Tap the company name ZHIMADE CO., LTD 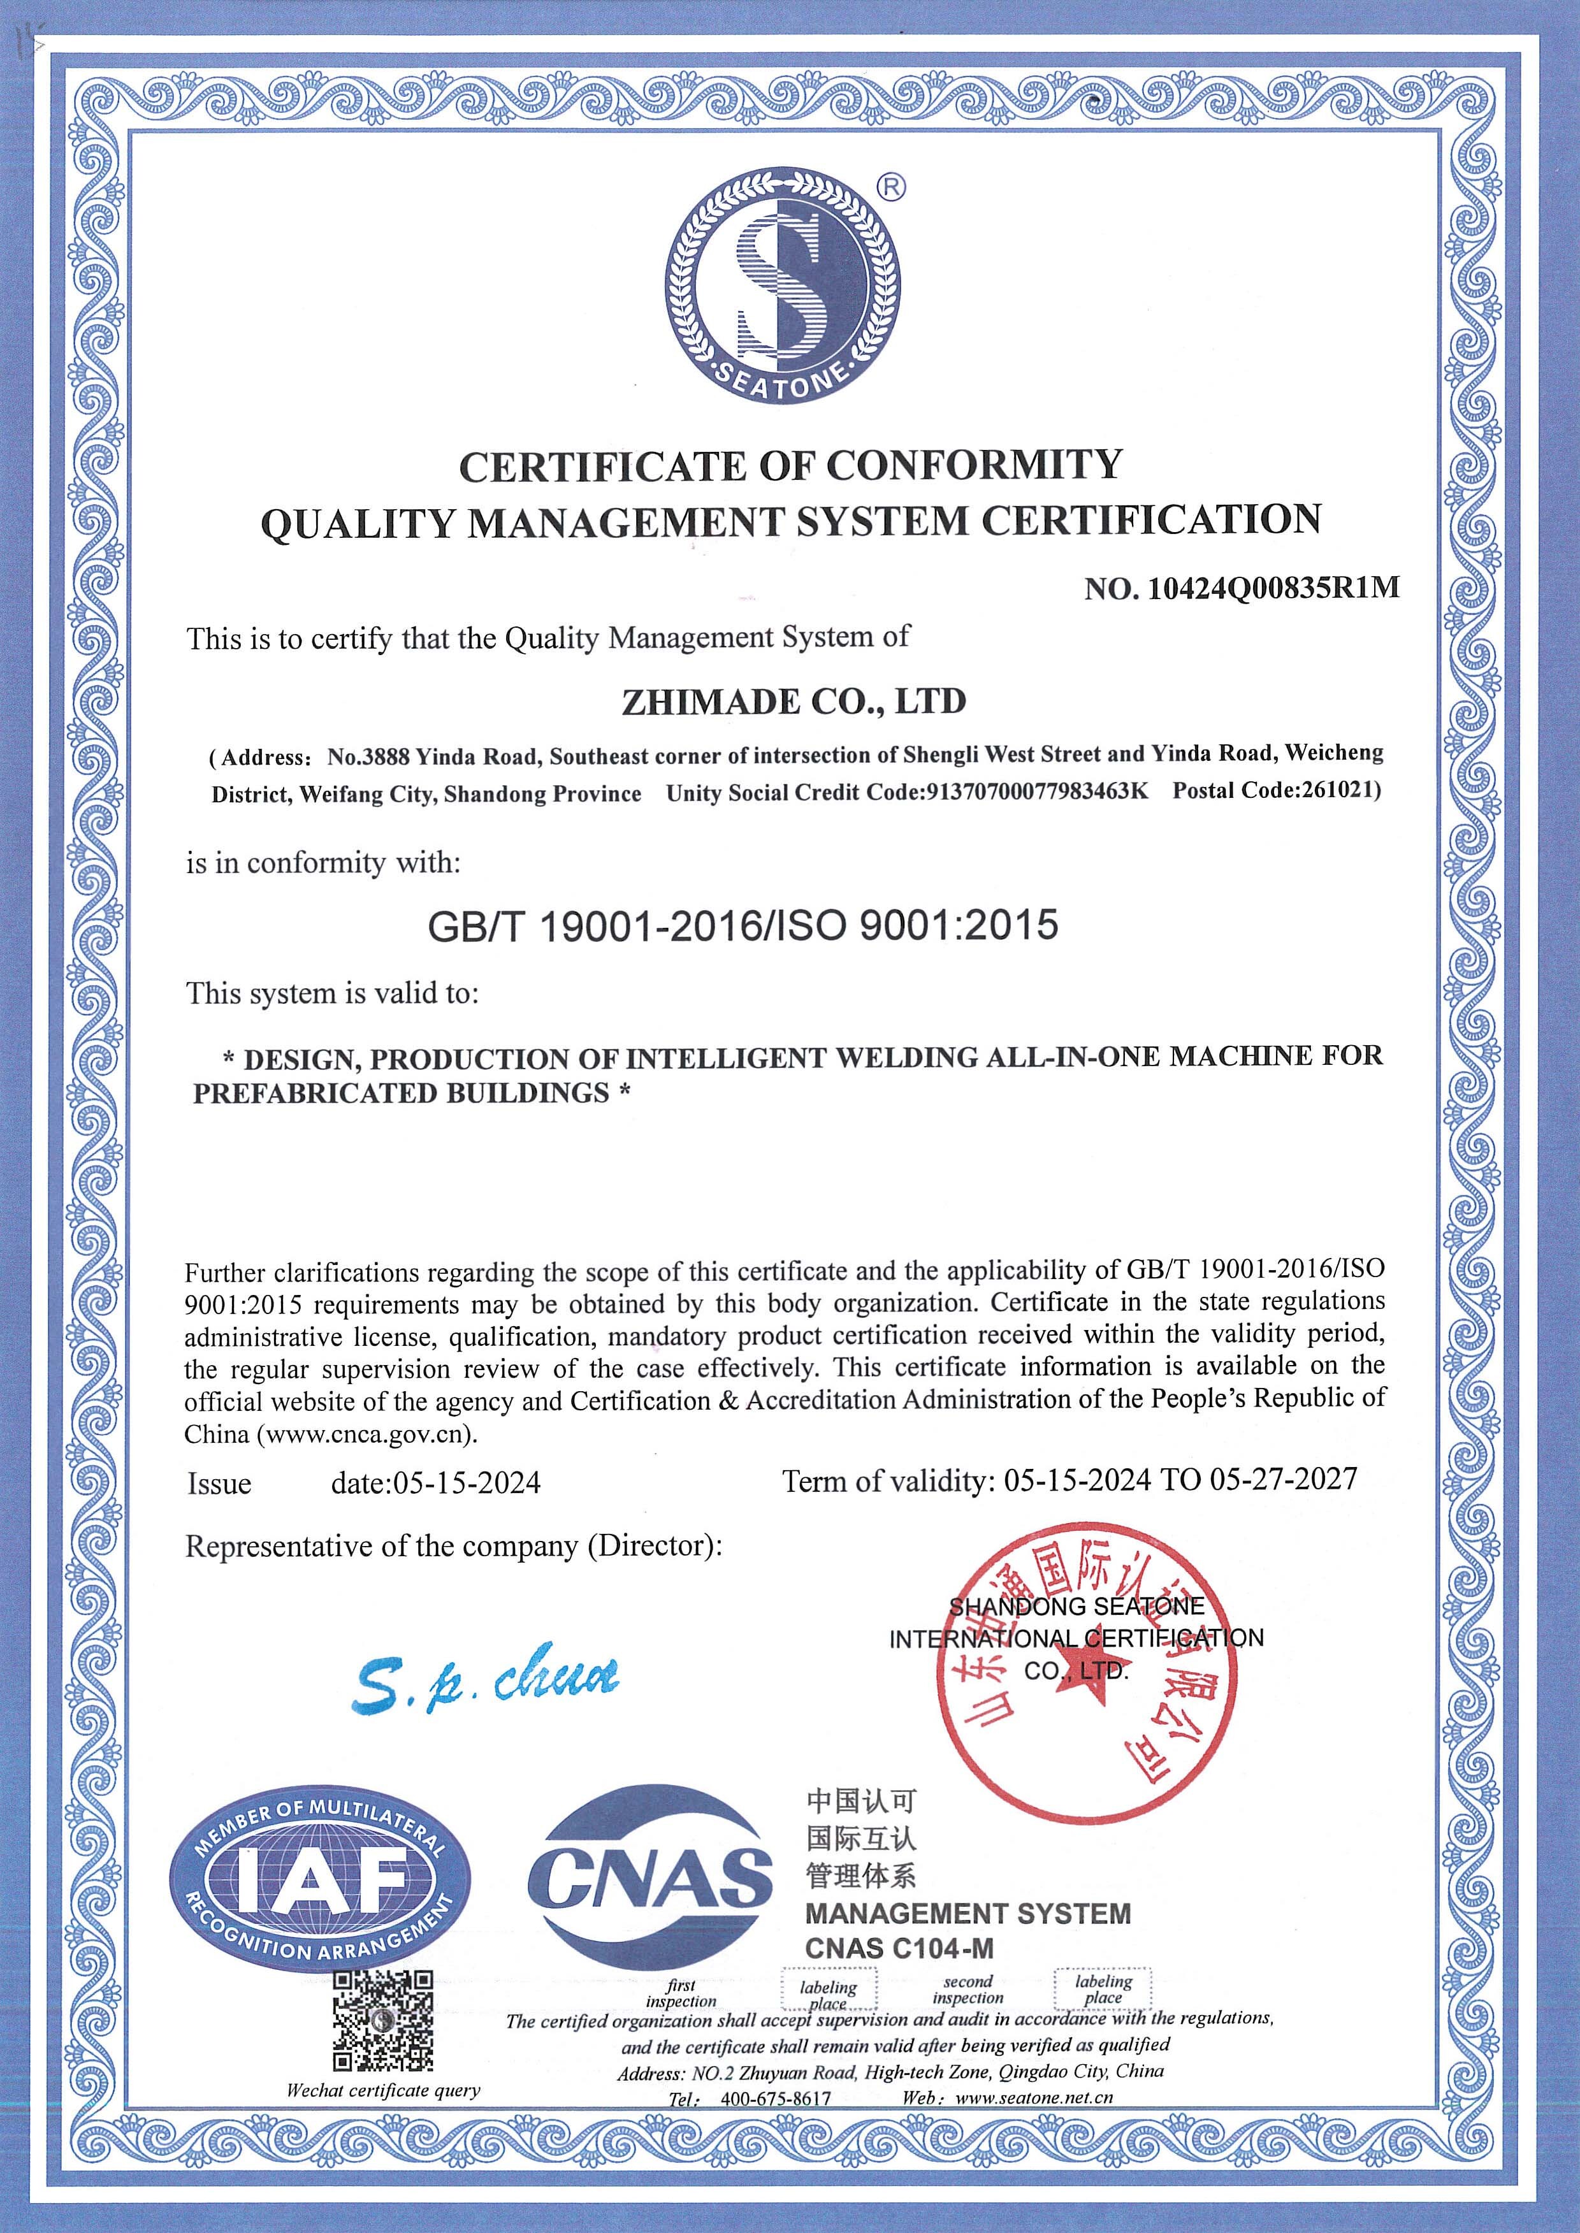[x=793, y=701]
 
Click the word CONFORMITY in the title [x=975, y=466]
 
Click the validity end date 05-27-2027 [x=1282, y=1479]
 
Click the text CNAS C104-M [x=899, y=1949]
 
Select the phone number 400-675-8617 [x=776, y=2099]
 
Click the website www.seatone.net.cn [x=1034, y=2098]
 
